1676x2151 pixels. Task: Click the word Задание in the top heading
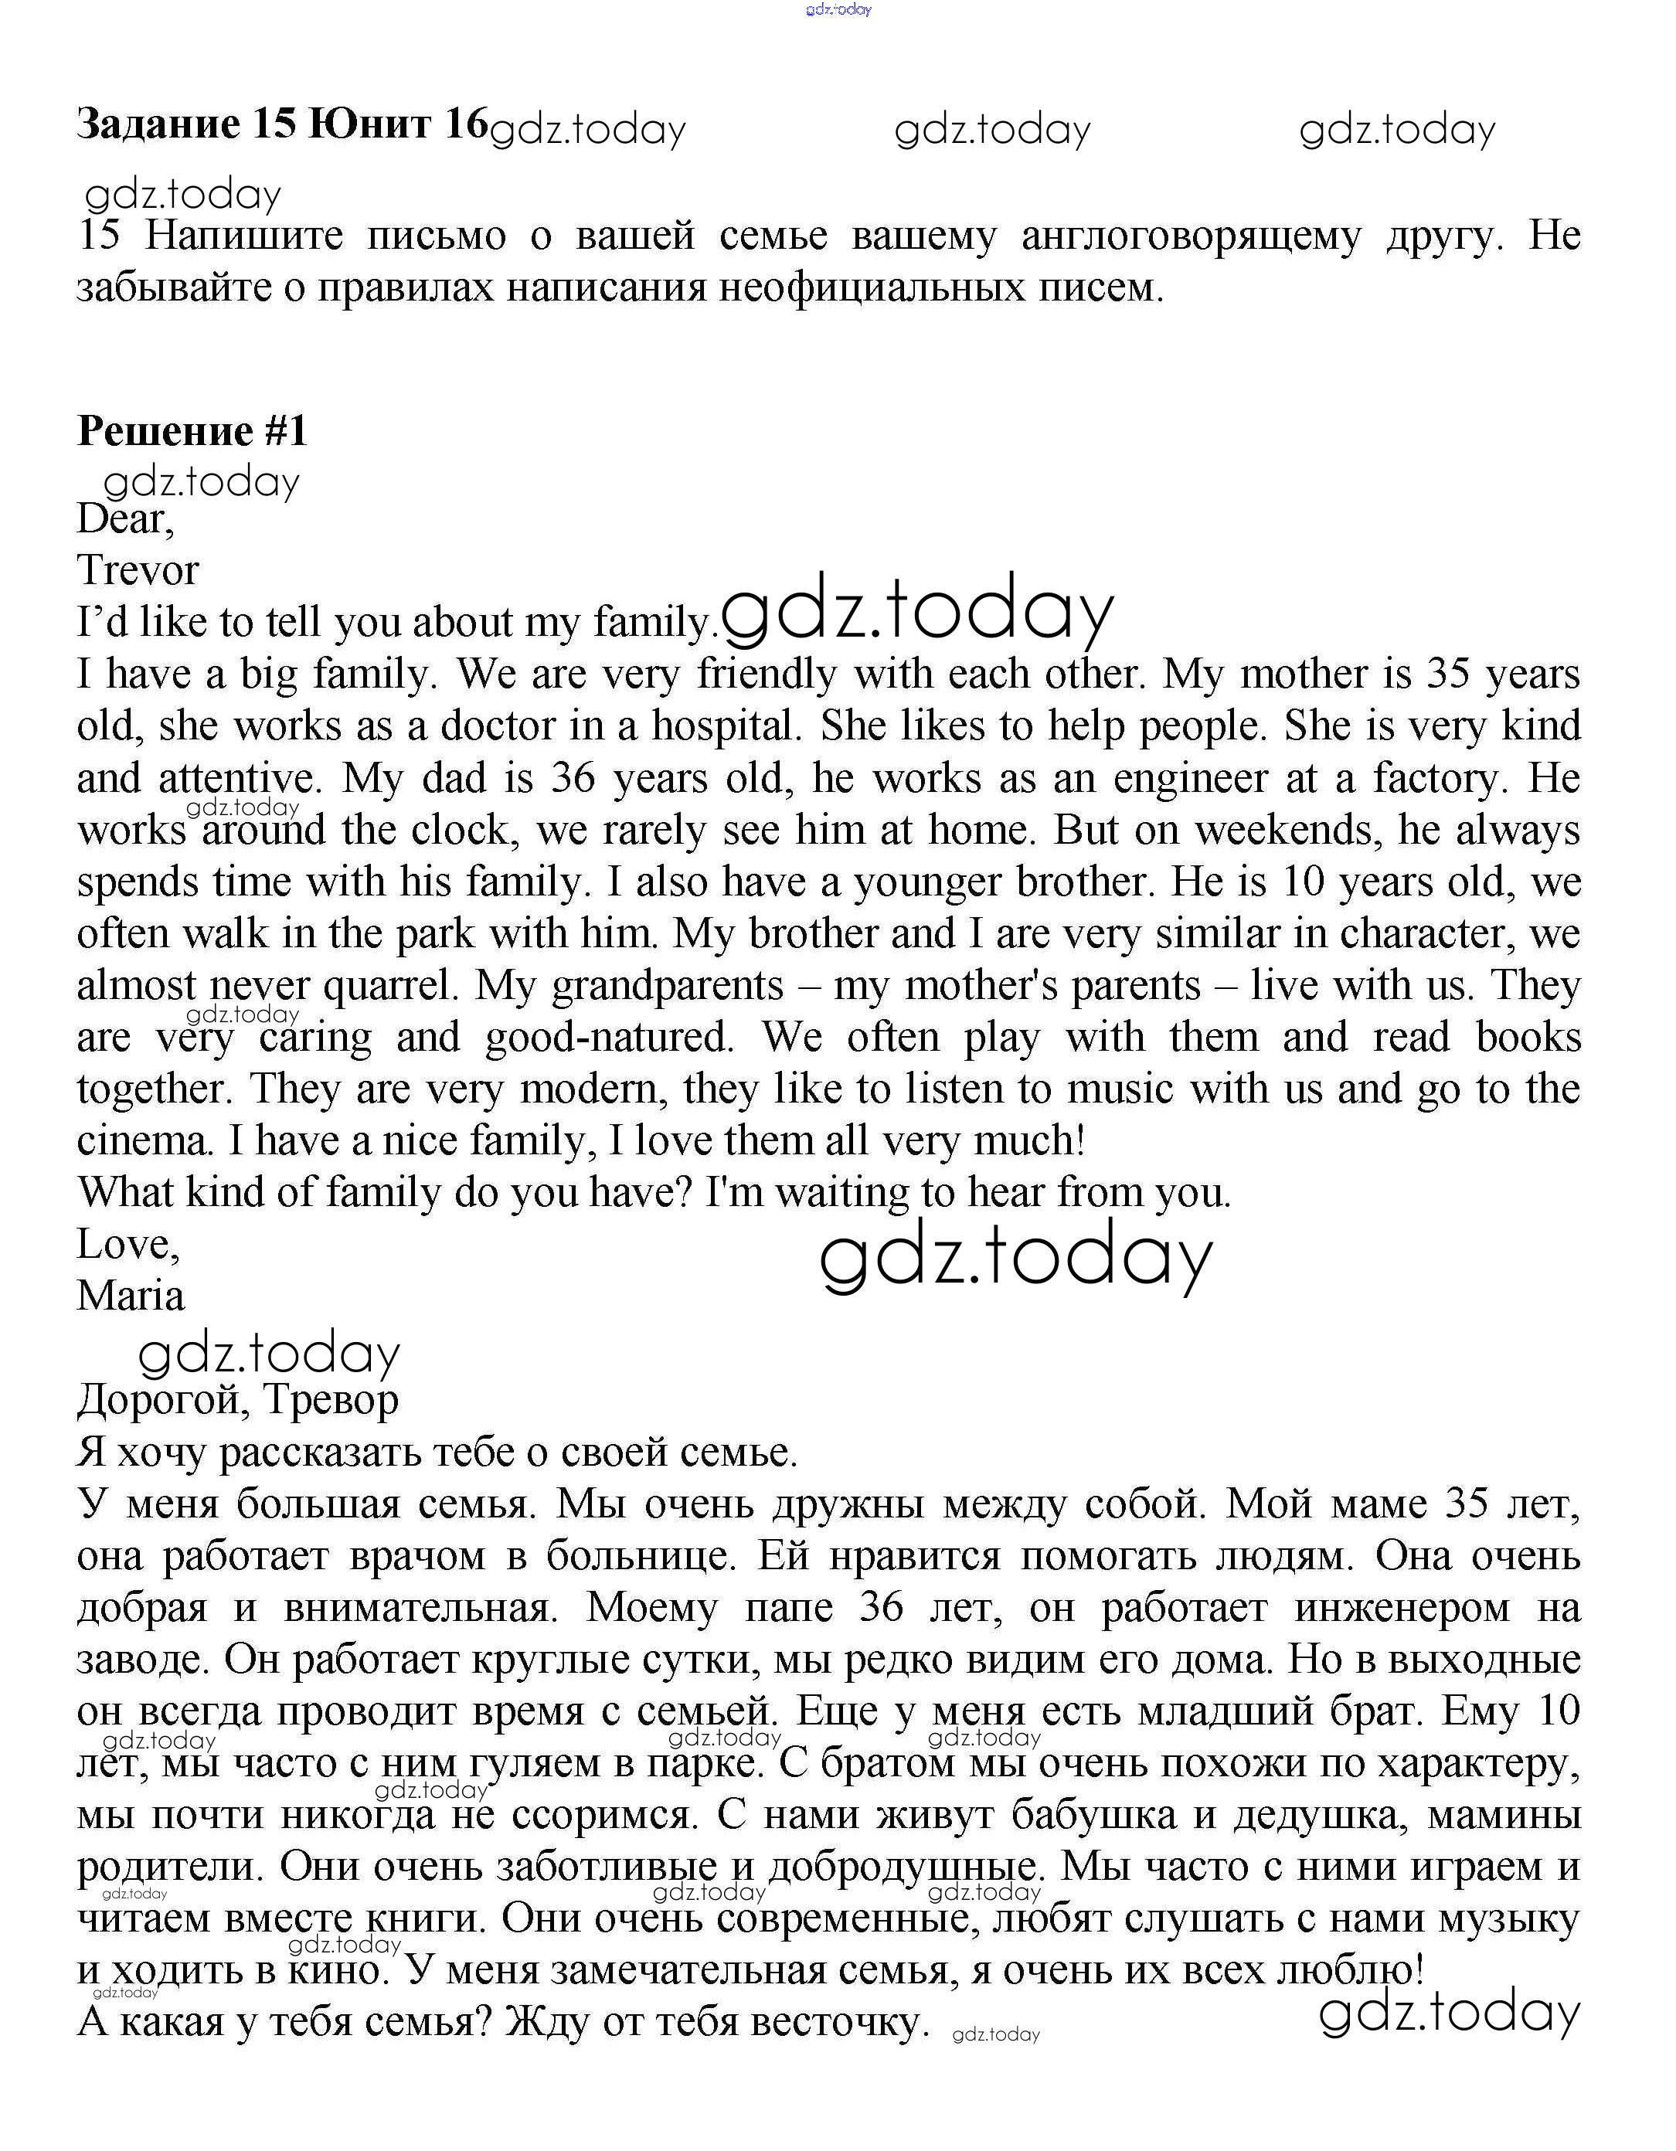pos(158,124)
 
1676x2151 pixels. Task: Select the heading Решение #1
pos(192,430)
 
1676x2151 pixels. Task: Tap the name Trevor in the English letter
pos(138,570)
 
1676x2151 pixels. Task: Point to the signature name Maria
pos(131,1295)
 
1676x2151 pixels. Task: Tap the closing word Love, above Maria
pos(128,1244)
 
